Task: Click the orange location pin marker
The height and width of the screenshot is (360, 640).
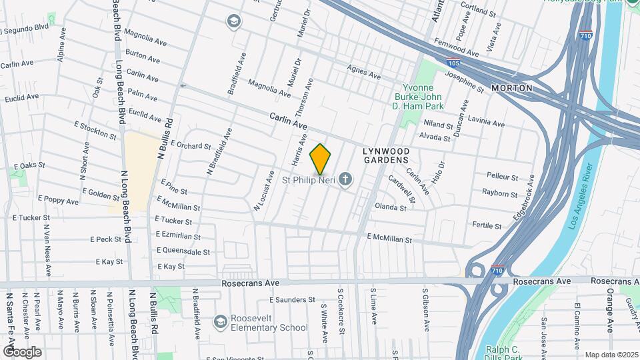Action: click(x=321, y=159)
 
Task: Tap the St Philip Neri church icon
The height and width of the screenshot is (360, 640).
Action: click(x=345, y=179)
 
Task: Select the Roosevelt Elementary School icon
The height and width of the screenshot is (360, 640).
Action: click(x=220, y=323)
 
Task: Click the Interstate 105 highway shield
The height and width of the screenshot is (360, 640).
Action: click(x=452, y=63)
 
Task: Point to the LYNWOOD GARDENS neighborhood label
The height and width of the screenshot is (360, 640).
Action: click(x=385, y=155)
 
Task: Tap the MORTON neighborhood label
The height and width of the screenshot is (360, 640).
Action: click(x=511, y=88)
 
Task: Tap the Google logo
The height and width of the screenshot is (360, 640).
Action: click(x=22, y=351)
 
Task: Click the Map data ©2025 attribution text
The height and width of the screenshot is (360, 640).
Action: click(x=611, y=355)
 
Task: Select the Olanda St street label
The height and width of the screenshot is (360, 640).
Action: click(x=391, y=207)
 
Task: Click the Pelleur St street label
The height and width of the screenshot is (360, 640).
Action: click(x=502, y=177)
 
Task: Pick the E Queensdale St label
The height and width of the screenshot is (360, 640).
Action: click(x=183, y=252)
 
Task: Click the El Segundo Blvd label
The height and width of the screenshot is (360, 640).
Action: click(x=25, y=30)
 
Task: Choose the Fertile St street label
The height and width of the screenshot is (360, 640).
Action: click(x=486, y=225)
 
